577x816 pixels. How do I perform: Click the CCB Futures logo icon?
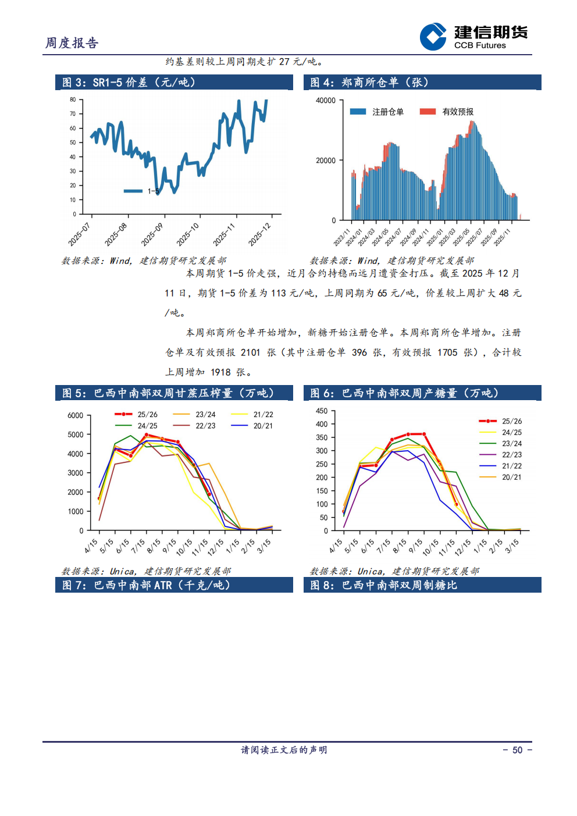[x=433, y=37]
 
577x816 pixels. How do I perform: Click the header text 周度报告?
[x=72, y=43]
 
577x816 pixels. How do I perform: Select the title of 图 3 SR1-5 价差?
[x=129, y=83]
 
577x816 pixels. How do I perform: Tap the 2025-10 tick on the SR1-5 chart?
[x=188, y=234]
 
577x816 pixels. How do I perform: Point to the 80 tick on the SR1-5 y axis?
[x=73, y=99]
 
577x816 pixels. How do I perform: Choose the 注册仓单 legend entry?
[x=377, y=112]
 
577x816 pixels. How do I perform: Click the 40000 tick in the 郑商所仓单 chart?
[x=326, y=101]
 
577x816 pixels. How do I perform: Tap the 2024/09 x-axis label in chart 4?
[x=408, y=237]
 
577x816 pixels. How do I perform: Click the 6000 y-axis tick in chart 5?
[x=76, y=415]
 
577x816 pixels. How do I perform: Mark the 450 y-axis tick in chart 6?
[x=322, y=411]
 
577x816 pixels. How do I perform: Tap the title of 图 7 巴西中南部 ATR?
[x=146, y=585]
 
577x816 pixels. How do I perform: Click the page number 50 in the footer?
[x=517, y=750]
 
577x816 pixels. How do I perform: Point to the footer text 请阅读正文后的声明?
[x=284, y=750]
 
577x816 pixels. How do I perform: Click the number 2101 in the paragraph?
[x=251, y=352]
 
